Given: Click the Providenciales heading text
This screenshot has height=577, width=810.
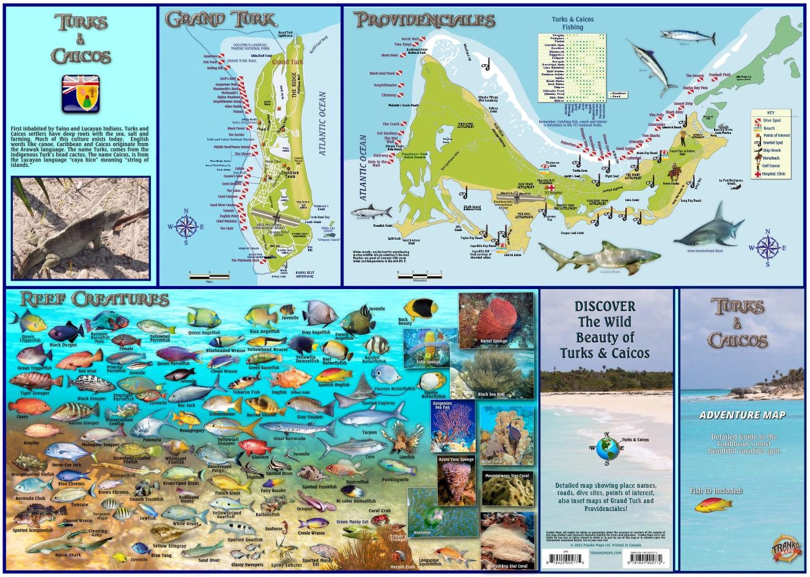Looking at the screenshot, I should click(424, 20).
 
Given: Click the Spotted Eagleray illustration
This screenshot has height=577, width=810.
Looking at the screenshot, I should click(367, 392).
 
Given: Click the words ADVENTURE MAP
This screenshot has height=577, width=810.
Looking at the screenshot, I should click(743, 415).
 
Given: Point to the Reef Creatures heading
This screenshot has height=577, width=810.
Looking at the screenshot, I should click(94, 300).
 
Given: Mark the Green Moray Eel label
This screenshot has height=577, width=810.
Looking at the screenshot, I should click(352, 522).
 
